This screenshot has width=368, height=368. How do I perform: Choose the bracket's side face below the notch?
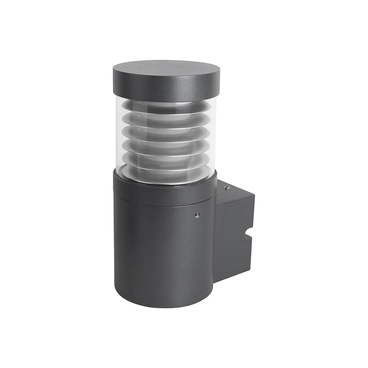click(235, 264)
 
